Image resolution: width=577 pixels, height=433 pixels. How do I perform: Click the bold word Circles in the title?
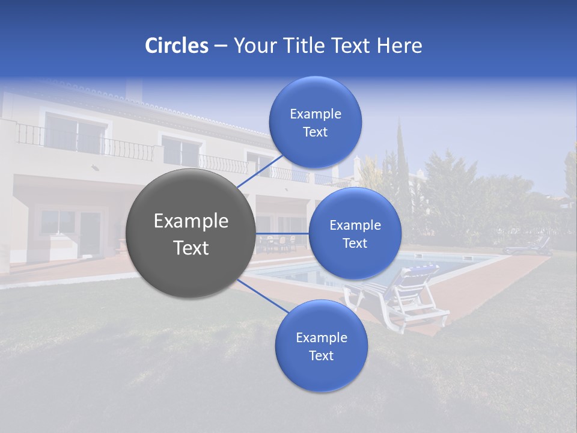[176, 46]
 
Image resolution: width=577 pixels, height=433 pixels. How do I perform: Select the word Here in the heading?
[399, 46]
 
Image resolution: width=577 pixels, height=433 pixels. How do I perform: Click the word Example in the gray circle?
[191, 221]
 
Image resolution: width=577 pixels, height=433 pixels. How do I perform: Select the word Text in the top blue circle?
[315, 132]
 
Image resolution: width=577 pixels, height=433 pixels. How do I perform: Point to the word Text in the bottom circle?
[321, 356]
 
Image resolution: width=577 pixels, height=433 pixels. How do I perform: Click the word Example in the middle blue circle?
[355, 226]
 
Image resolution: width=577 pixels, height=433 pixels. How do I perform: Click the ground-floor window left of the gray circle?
[58, 223]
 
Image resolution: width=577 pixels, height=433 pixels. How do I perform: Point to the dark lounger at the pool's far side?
[528, 247]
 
